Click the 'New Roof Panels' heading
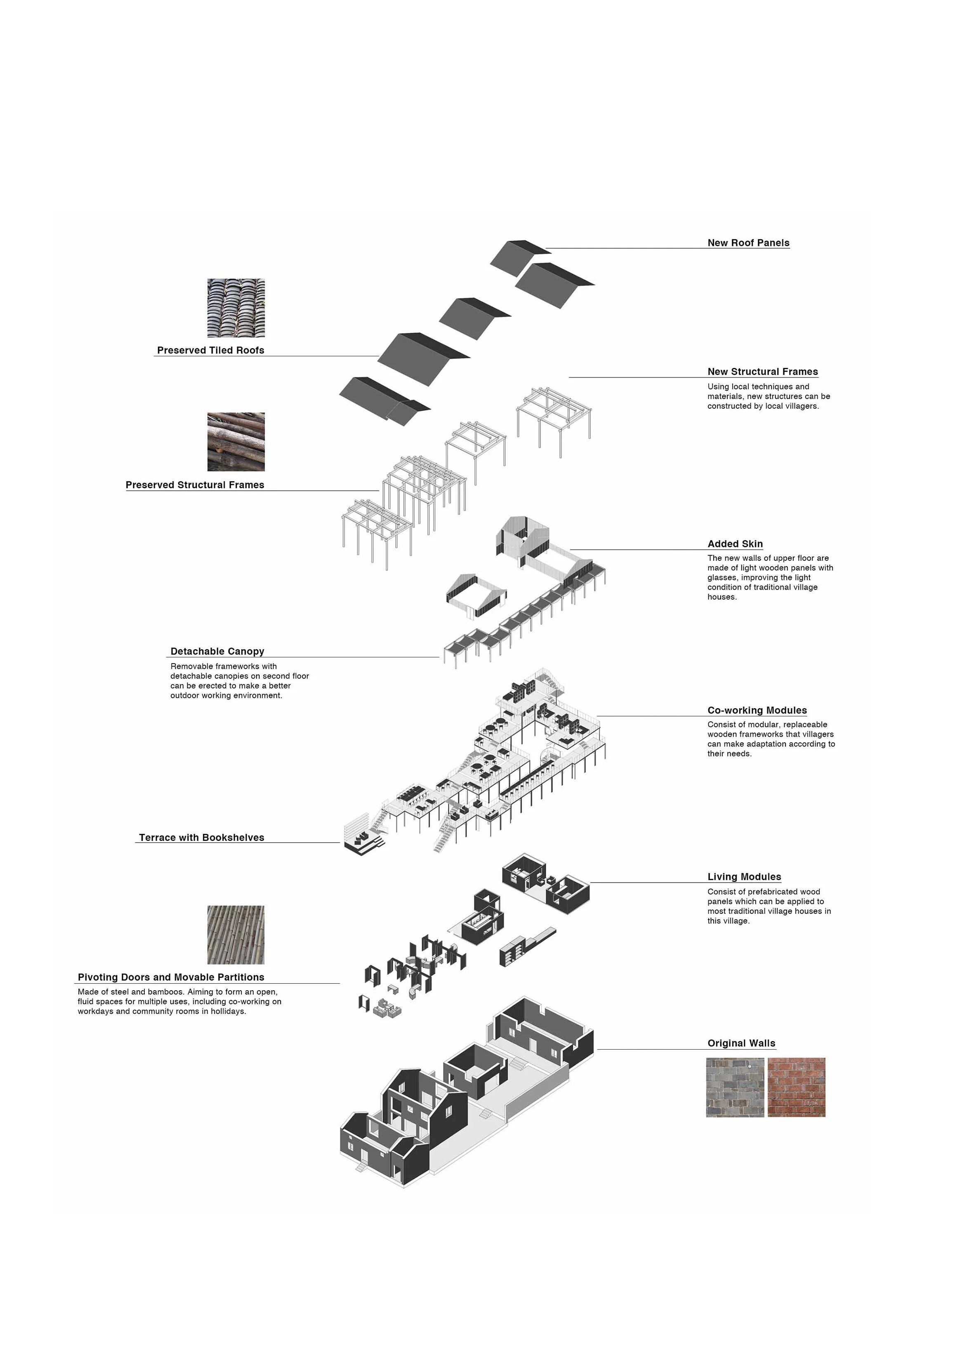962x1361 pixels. (x=748, y=243)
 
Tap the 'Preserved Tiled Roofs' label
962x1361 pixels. (x=210, y=350)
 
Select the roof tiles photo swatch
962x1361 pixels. (x=236, y=308)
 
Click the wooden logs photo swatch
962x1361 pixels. (x=236, y=442)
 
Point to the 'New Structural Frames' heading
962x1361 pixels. (x=762, y=372)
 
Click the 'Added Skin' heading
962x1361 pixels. (x=735, y=544)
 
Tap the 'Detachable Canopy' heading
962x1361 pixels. (x=217, y=652)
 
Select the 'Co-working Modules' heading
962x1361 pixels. (x=757, y=710)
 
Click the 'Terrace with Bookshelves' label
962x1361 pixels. (x=202, y=838)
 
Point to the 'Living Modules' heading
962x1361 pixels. (x=744, y=877)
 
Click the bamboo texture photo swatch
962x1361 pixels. (x=236, y=935)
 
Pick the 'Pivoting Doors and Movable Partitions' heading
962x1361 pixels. (x=171, y=977)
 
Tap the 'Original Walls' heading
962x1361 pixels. (x=741, y=1043)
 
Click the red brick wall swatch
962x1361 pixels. (x=796, y=1088)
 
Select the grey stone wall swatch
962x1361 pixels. (x=735, y=1088)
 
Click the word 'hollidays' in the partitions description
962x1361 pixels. (x=228, y=1011)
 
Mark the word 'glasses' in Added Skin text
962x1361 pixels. (x=722, y=577)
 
